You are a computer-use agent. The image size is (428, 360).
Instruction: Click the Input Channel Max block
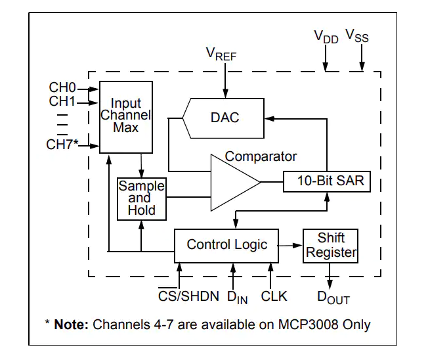pyautogui.click(x=125, y=117)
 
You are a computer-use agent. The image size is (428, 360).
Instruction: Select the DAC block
pyautogui.click(x=225, y=118)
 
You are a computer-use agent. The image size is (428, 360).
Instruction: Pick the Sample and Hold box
pyautogui.click(x=141, y=198)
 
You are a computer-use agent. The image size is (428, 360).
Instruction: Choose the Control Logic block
pyautogui.click(x=226, y=244)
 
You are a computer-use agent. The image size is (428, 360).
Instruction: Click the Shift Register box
pyautogui.click(x=331, y=245)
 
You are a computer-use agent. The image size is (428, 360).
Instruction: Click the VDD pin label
pyautogui.click(x=326, y=36)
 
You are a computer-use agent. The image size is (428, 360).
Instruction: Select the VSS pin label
pyautogui.click(x=357, y=36)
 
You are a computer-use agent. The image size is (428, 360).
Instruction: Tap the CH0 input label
pyautogui.click(x=62, y=87)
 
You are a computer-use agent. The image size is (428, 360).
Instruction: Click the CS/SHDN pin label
pyautogui.click(x=188, y=296)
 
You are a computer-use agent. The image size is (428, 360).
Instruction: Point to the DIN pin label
pyautogui.click(x=237, y=297)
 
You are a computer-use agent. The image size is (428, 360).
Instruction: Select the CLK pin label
pyautogui.click(x=274, y=296)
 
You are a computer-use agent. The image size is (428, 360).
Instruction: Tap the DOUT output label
pyautogui.click(x=333, y=298)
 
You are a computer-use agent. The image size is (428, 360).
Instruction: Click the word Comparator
pyautogui.click(x=261, y=156)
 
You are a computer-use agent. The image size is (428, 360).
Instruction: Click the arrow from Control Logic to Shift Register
pyautogui.click(x=290, y=244)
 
